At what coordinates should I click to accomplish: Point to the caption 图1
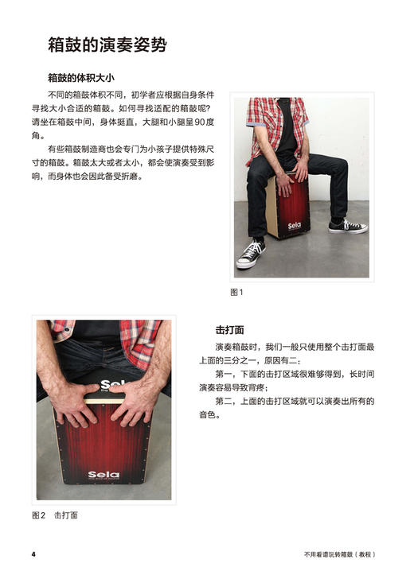236,292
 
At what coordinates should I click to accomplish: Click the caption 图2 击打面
55,515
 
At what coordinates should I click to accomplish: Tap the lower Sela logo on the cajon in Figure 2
103,475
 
